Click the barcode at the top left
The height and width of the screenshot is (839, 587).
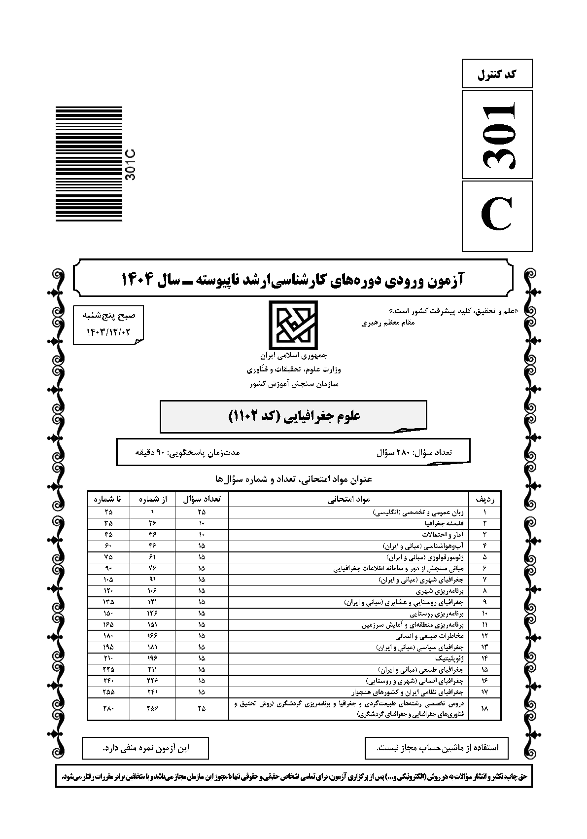[89, 164]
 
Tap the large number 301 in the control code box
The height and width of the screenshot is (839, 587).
[497, 134]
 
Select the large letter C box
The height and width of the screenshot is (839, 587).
[497, 216]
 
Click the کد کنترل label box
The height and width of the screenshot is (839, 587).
[497, 74]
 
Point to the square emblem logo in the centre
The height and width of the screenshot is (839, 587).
[293, 324]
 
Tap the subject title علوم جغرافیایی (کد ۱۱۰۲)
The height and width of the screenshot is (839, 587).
[294, 416]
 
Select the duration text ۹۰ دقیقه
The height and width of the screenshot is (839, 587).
[188, 452]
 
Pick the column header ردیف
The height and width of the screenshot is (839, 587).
[484, 499]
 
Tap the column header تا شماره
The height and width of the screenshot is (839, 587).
[108, 499]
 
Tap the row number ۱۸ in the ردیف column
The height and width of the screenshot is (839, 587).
[484, 708]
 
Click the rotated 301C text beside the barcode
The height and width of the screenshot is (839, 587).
[131, 164]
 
